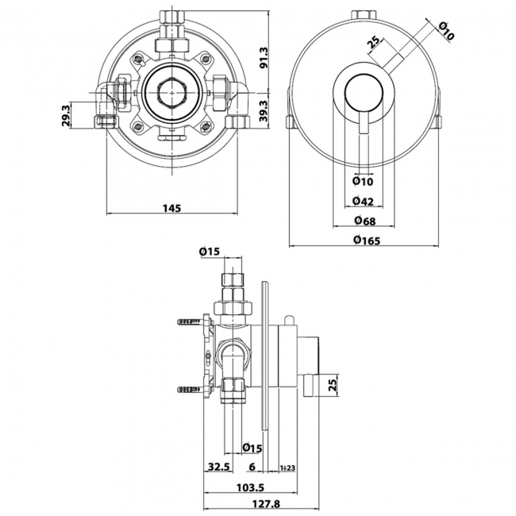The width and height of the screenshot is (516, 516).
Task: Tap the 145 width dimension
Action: pyautogui.click(x=172, y=208)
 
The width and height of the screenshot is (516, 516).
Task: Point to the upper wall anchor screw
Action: pyautogui.click(x=187, y=322)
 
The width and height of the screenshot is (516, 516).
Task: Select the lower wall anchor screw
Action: pyautogui.click(x=187, y=390)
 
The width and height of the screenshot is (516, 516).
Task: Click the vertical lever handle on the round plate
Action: pyautogui.click(x=363, y=127)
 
